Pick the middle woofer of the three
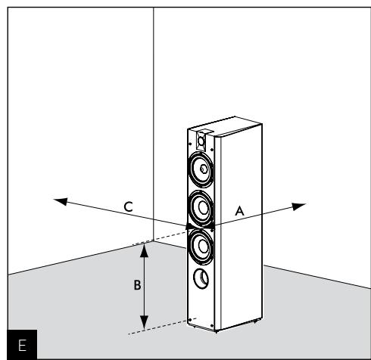[201, 205]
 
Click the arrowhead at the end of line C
[61, 200]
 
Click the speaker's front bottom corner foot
[217, 331]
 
